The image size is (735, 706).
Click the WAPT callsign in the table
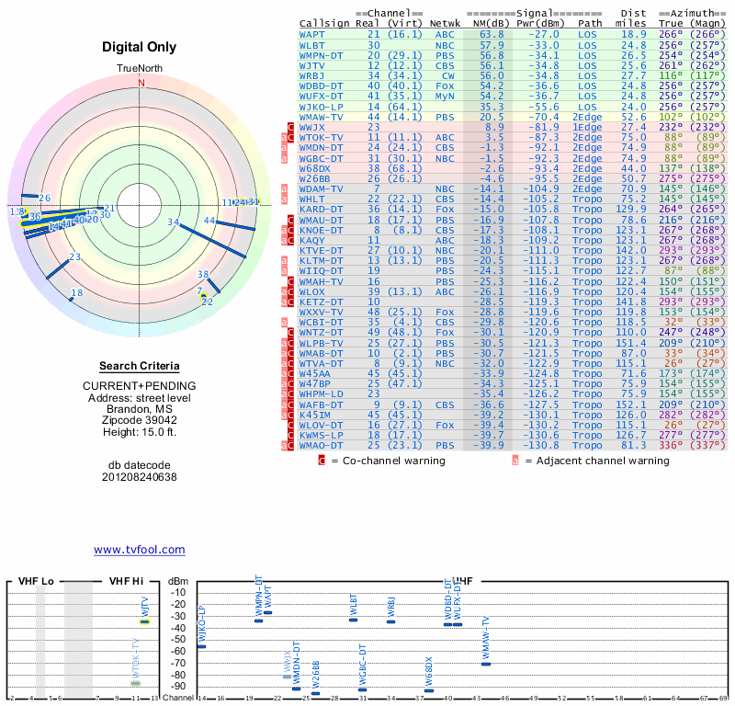[311, 33]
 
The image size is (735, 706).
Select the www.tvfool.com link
[139, 550]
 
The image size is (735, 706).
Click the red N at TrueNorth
[141, 82]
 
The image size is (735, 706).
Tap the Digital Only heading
[140, 47]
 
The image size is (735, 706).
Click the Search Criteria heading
[140, 366]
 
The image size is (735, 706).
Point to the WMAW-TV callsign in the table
[321, 117]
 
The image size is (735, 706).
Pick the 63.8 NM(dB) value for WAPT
[491, 33]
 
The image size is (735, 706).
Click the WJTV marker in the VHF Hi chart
[144, 622]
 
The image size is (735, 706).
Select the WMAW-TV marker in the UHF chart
[486, 664]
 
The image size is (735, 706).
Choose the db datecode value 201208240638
[140, 477]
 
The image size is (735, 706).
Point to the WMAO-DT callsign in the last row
[321, 446]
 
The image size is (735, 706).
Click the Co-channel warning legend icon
[322, 460]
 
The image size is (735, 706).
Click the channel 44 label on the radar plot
[209, 221]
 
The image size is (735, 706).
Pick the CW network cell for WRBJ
[446, 74]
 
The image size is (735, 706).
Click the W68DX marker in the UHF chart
[429, 690]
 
